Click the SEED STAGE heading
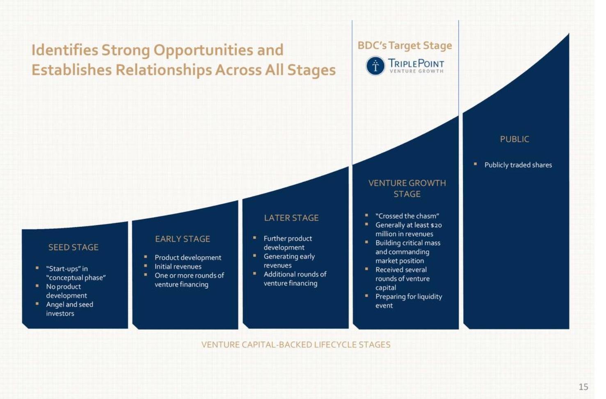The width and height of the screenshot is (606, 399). point(73,247)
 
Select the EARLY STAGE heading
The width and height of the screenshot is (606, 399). point(183,239)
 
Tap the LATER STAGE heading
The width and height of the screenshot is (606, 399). point(291,218)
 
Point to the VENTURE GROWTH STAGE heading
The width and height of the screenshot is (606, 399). point(407,189)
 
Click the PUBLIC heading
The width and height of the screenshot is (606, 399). point(515,139)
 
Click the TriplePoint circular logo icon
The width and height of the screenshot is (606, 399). point(375,66)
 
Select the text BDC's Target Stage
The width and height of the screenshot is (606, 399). point(405,46)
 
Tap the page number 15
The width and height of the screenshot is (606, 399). point(583,387)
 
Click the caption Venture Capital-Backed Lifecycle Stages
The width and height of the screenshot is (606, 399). point(296,345)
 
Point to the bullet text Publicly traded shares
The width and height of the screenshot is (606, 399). point(518,165)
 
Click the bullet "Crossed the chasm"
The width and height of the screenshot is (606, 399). point(407,216)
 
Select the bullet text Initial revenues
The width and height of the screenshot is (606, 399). point(178,267)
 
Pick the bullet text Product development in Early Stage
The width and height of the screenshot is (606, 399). point(188,258)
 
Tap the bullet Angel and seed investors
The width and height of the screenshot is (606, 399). point(69,309)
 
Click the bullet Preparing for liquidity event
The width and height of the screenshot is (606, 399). point(408,301)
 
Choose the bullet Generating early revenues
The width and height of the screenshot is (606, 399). point(289,261)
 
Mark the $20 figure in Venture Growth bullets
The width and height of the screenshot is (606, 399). point(436,225)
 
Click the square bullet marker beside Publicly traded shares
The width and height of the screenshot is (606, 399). point(475,164)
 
